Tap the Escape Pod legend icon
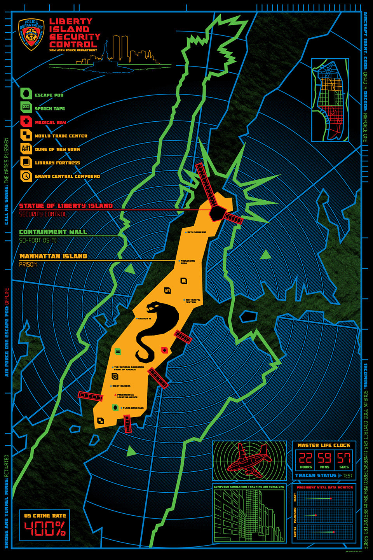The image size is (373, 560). pos(26,94)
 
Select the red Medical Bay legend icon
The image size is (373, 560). pos(26,122)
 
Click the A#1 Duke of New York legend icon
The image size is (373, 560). pos(26,149)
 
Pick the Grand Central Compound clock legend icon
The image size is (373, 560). pos(26,176)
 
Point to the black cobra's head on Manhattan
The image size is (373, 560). pos(152,308)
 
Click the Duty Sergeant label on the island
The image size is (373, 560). pos(197,232)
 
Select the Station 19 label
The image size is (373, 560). pos(145,318)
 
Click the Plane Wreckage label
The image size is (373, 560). pos(133,408)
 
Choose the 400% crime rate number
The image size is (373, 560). pos(45,528)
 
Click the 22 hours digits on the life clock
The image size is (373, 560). pos(306,458)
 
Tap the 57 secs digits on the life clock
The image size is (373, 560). pos(343,458)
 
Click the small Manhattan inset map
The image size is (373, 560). pos(330,100)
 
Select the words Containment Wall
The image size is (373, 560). pos(53,232)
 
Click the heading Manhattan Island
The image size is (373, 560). pos(53,256)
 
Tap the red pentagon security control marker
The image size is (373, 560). pos(216,212)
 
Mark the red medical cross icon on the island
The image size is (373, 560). pos(164,350)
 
